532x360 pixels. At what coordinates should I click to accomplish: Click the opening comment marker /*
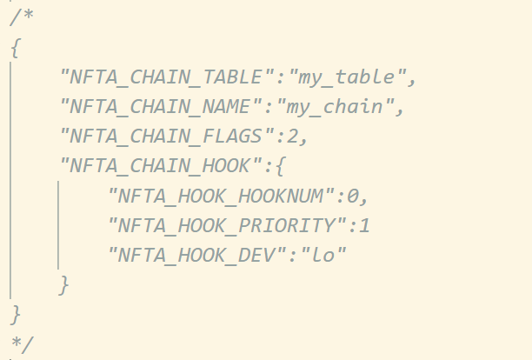pyautogui.click(x=22, y=17)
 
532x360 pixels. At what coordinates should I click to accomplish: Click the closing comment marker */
pyautogui.click(x=23, y=344)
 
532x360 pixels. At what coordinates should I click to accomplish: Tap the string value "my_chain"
pyautogui.click(x=336, y=107)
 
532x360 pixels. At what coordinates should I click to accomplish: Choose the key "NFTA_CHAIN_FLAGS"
pyautogui.click(x=167, y=137)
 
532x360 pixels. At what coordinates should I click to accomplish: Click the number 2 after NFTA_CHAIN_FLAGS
pyautogui.click(x=292, y=137)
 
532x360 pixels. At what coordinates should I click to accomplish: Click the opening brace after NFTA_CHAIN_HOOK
pyautogui.click(x=280, y=166)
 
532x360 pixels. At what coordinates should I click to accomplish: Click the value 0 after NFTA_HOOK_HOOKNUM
pyautogui.click(x=353, y=197)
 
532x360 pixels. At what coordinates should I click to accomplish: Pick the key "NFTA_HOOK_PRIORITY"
pyautogui.click(x=228, y=225)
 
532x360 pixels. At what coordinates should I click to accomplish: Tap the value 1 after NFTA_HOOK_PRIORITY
pyautogui.click(x=365, y=225)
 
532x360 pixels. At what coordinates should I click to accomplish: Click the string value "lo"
pyautogui.click(x=323, y=255)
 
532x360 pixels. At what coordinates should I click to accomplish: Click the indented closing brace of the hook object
pyautogui.click(x=64, y=285)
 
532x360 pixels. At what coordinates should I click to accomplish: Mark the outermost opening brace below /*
pyautogui.click(x=16, y=48)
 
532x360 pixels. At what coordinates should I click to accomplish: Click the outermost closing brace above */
pyautogui.click(x=16, y=315)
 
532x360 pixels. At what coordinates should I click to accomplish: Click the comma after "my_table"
pyautogui.click(x=412, y=83)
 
